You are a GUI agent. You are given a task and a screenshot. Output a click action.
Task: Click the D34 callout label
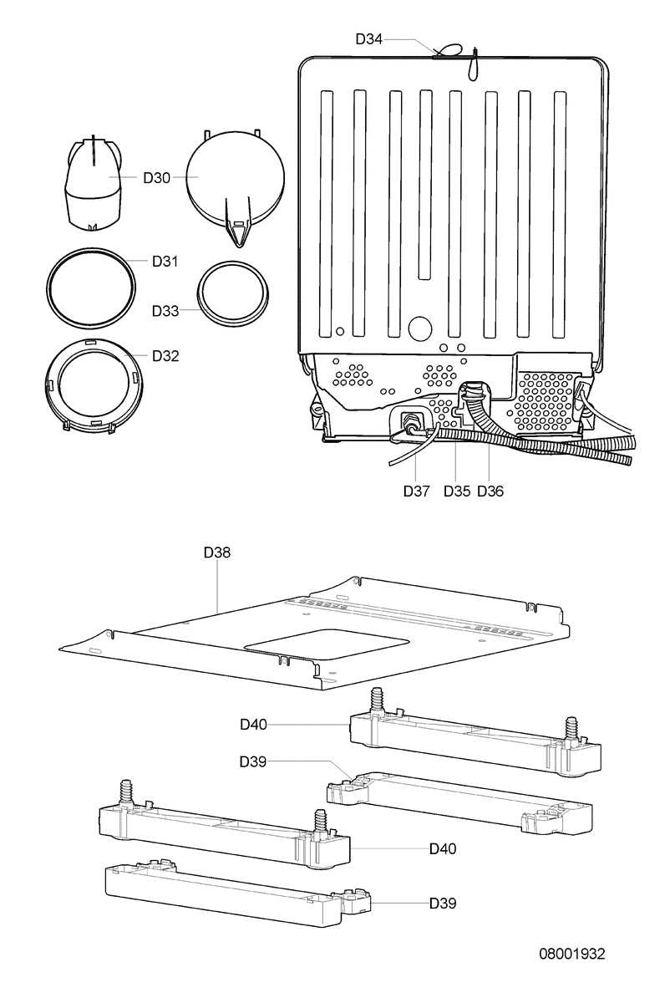(x=368, y=39)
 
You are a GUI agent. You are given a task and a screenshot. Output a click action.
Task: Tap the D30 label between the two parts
(x=157, y=178)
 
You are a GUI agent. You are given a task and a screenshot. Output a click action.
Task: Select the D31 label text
(x=165, y=262)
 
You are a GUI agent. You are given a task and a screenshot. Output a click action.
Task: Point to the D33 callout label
(x=165, y=311)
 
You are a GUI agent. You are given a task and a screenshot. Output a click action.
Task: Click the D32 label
(x=165, y=356)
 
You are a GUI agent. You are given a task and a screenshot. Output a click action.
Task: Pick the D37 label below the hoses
(x=416, y=491)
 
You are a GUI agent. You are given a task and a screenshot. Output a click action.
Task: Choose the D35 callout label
(x=457, y=491)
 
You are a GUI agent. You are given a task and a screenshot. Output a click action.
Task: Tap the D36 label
(x=490, y=491)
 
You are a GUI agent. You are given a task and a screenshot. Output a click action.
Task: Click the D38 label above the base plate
(x=217, y=553)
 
